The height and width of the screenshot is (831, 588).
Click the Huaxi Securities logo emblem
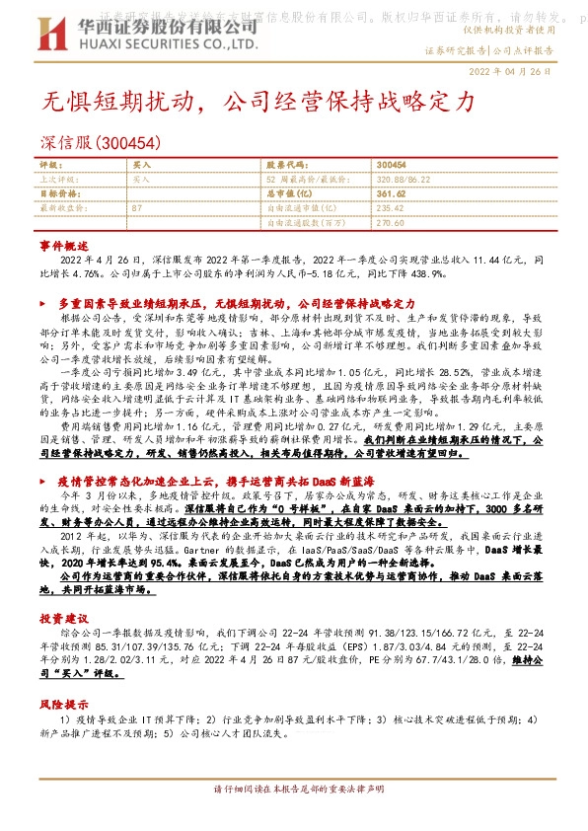point(56,33)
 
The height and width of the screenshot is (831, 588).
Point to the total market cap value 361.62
point(392,194)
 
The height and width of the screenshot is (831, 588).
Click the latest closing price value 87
point(137,208)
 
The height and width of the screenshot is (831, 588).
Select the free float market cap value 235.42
point(391,208)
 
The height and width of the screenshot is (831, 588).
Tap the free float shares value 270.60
point(391,222)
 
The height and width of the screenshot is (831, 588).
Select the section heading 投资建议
point(63,617)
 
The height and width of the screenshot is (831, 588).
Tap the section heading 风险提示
point(63,706)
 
